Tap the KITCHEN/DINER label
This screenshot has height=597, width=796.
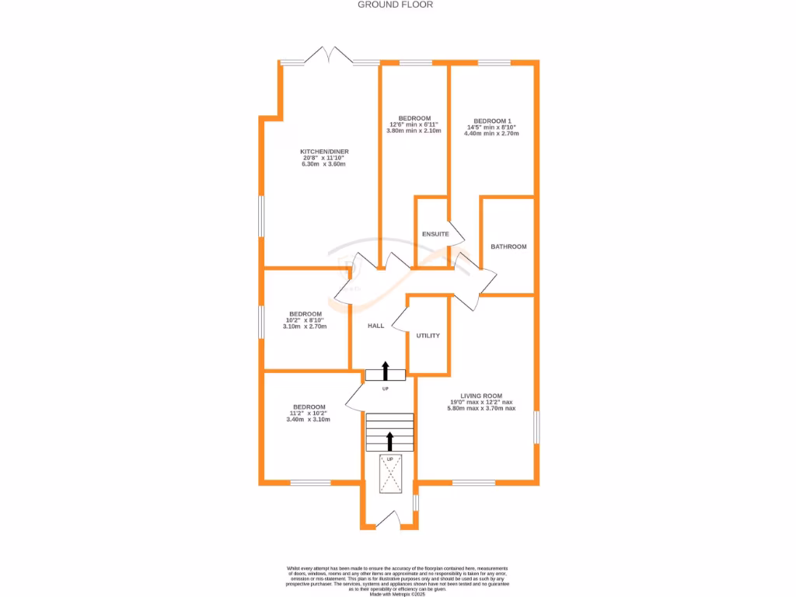[324, 152]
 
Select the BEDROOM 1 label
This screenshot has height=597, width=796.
[493, 120]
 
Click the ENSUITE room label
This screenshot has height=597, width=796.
[435, 234]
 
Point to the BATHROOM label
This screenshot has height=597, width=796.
[508, 246]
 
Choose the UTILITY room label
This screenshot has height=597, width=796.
[428, 336]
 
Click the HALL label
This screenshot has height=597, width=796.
[376, 326]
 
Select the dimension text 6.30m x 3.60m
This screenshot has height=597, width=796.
[324, 165]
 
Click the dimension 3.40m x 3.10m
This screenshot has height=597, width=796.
[309, 420]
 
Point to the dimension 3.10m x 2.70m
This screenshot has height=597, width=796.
[305, 326]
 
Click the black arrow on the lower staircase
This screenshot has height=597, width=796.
[389, 442]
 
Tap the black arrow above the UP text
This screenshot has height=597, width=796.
[386, 370]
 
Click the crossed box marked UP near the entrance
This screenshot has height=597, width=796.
[390, 473]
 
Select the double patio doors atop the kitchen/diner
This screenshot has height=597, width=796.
[327, 55]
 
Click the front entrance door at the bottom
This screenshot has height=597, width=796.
[389, 519]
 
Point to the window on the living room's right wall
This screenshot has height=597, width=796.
[536, 427]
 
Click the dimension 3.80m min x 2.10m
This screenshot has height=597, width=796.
[414, 131]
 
